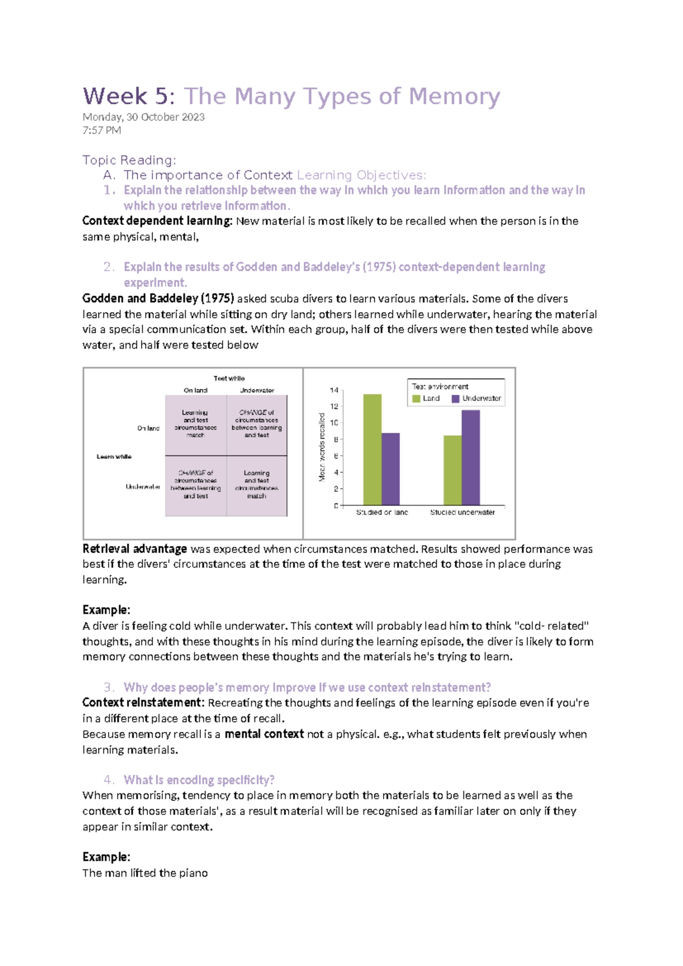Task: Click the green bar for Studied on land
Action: tap(372, 450)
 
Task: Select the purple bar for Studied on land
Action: tap(390, 469)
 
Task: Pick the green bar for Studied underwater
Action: tap(452, 470)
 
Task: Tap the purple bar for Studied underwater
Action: tap(471, 458)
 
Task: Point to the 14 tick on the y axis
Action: tap(334, 390)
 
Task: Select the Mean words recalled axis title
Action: tap(322, 448)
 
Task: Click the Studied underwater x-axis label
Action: tap(462, 513)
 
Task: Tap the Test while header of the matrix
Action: tap(229, 378)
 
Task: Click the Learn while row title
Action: tap(114, 457)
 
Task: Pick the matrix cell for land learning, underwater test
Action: tap(257, 424)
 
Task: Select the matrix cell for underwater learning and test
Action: tap(257, 485)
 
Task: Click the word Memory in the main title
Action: tap(454, 96)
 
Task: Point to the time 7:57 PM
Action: tap(102, 130)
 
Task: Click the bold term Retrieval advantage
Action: tap(135, 549)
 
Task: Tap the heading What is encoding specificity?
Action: tap(199, 780)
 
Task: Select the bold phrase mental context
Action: tap(264, 734)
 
